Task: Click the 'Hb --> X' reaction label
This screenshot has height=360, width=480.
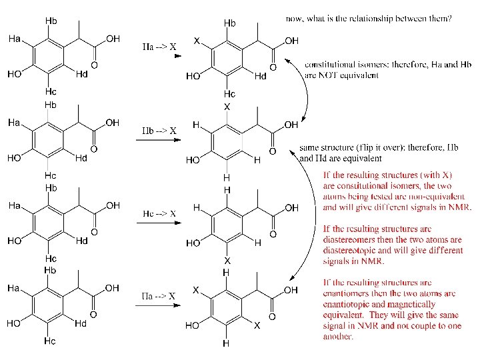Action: coord(159,130)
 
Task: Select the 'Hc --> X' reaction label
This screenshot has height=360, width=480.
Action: coord(159,213)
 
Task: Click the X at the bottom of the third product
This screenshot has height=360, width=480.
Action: coord(227,261)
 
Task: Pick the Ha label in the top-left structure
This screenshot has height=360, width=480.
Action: coord(14,39)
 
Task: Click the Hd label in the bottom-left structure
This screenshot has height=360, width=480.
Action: coord(81,323)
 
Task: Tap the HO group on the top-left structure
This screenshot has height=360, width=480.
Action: coord(15,75)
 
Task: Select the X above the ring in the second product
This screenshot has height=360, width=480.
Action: coord(227,106)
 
